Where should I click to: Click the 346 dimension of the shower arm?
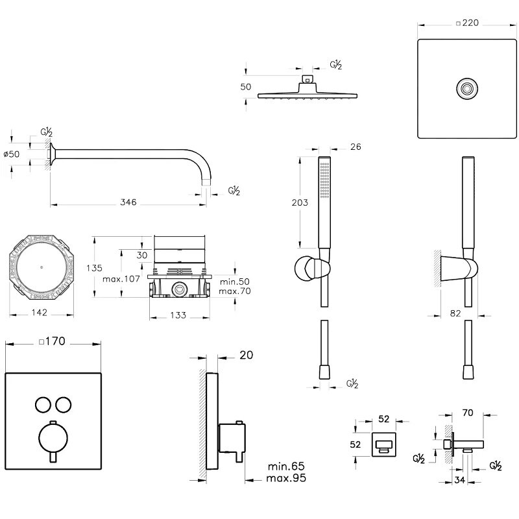pyautogui.click(x=128, y=203)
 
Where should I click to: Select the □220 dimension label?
pyautogui.click(x=467, y=23)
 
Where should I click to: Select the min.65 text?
pyautogui.click(x=285, y=466)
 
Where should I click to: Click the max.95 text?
pyautogui.click(x=285, y=479)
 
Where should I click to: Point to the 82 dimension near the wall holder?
pyautogui.click(x=455, y=313)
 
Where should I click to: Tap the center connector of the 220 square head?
pyautogui.click(x=465, y=88)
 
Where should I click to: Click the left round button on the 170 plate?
pyautogui.click(x=42, y=405)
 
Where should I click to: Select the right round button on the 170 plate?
pyautogui.click(x=64, y=405)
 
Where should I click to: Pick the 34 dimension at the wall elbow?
pyautogui.click(x=460, y=480)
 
